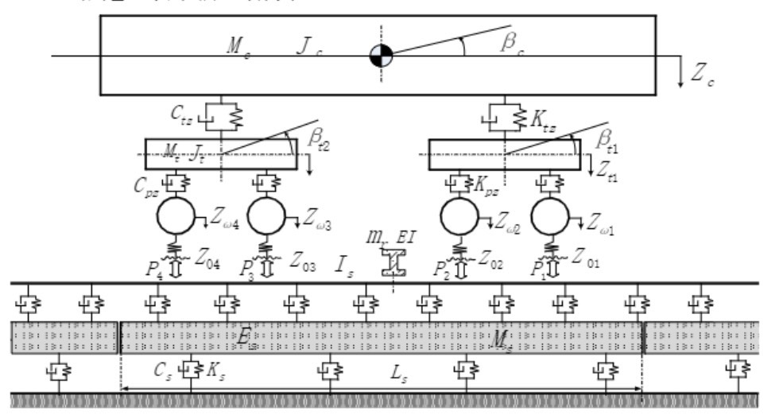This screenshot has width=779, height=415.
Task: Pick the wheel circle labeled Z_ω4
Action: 180,214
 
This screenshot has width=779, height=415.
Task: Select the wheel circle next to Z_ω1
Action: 553,214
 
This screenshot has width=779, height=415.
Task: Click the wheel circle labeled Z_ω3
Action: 270,214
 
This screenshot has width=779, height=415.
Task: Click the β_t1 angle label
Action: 606,142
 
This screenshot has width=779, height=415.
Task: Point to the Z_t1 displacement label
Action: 607,169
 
